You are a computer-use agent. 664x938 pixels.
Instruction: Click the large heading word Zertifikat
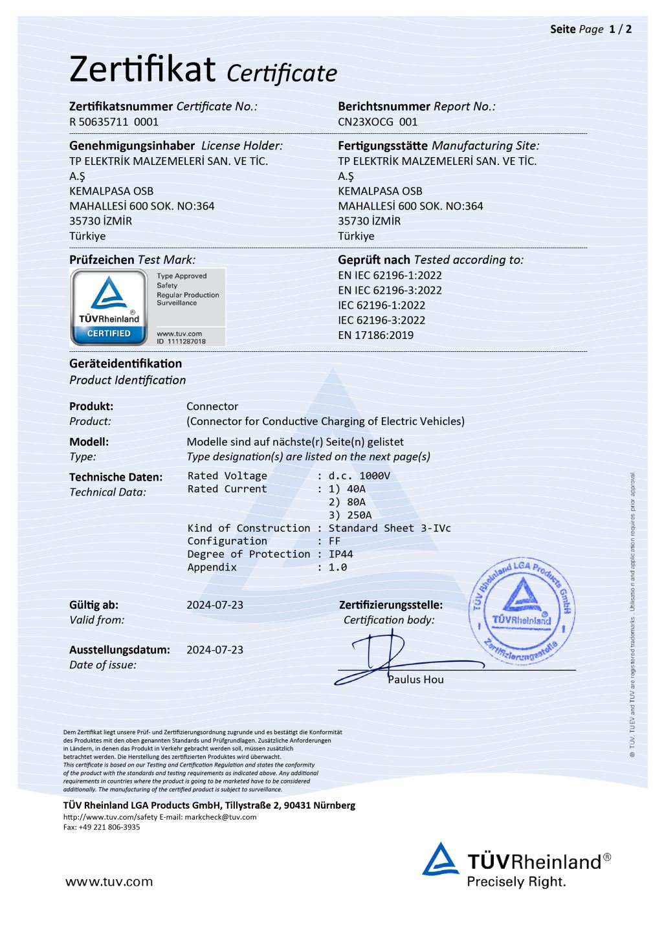coord(142,69)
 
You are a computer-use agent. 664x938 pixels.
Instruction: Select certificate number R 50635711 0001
coord(114,122)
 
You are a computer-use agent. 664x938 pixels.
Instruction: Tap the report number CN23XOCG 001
coord(378,122)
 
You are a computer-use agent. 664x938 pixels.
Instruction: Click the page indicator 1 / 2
coord(621,29)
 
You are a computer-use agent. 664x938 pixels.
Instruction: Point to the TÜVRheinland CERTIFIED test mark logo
coord(109,307)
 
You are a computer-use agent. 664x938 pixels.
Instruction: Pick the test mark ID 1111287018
coord(181,341)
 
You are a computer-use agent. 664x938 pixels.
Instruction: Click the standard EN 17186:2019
coord(375,335)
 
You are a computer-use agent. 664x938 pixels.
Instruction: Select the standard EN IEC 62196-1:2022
coord(390,275)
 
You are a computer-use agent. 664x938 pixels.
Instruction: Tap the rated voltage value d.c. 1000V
coord(360,476)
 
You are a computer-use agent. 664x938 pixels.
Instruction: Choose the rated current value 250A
coord(359,516)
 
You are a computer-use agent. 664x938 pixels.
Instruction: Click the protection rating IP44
coord(341,554)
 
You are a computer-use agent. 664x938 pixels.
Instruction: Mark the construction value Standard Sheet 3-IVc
coord(390,529)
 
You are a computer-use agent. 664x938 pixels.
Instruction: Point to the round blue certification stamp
coord(522,610)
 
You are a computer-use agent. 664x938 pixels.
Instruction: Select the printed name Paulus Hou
coord(415,680)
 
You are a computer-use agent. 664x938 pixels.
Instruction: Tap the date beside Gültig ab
coord(215,605)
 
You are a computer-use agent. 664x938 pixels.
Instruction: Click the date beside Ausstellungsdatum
coord(215,650)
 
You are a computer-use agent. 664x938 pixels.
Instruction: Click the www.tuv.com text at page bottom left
coord(109,882)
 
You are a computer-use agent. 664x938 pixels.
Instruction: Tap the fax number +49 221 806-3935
coord(109,827)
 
